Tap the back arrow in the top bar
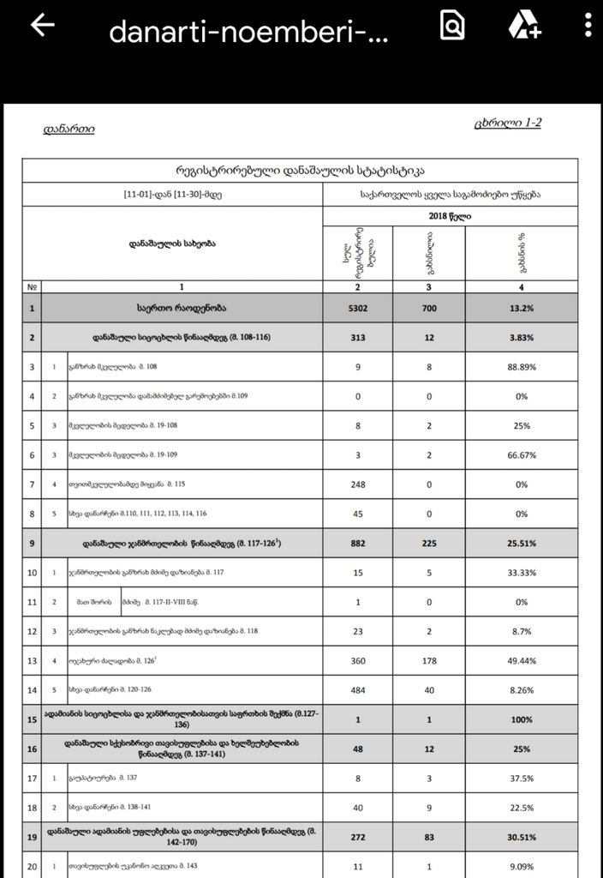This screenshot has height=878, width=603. [x=42, y=27]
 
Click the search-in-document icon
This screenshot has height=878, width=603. [x=451, y=27]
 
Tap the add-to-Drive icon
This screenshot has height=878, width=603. [x=523, y=27]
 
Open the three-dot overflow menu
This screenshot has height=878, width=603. [x=588, y=27]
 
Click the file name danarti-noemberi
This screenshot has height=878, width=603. [x=248, y=33]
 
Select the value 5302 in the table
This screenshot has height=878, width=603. [x=357, y=307]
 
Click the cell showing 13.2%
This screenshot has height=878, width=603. [x=521, y=307]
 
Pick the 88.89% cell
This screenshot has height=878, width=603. [x=521, y=367]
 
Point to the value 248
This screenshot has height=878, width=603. [x=357, y=484]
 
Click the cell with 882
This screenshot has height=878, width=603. [x=357, y=543]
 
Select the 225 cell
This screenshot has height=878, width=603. [x=429, y=543]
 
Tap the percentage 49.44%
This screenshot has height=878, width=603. [x=521, y=660]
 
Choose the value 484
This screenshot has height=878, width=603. [x=357, y=689]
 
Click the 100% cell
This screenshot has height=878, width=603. [x=521, y=719]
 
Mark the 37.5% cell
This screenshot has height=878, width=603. [x=521, y=778]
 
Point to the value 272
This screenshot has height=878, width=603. [x=357, y=837]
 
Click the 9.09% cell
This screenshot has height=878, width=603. [x=521, y=866]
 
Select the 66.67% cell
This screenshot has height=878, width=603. [x=521, y=454]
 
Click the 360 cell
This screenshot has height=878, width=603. [x=357, y=660]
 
